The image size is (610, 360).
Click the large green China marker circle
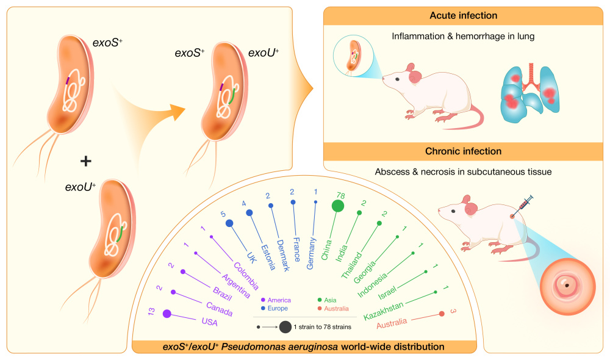click(x=337, y=206)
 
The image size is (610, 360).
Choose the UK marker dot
click(x=229, y=224)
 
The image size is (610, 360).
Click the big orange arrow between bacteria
click(x=152, y=110)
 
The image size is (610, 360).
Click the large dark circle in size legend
click(x=285, y=327)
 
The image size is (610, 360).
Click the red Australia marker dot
click(x=442, y=314)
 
